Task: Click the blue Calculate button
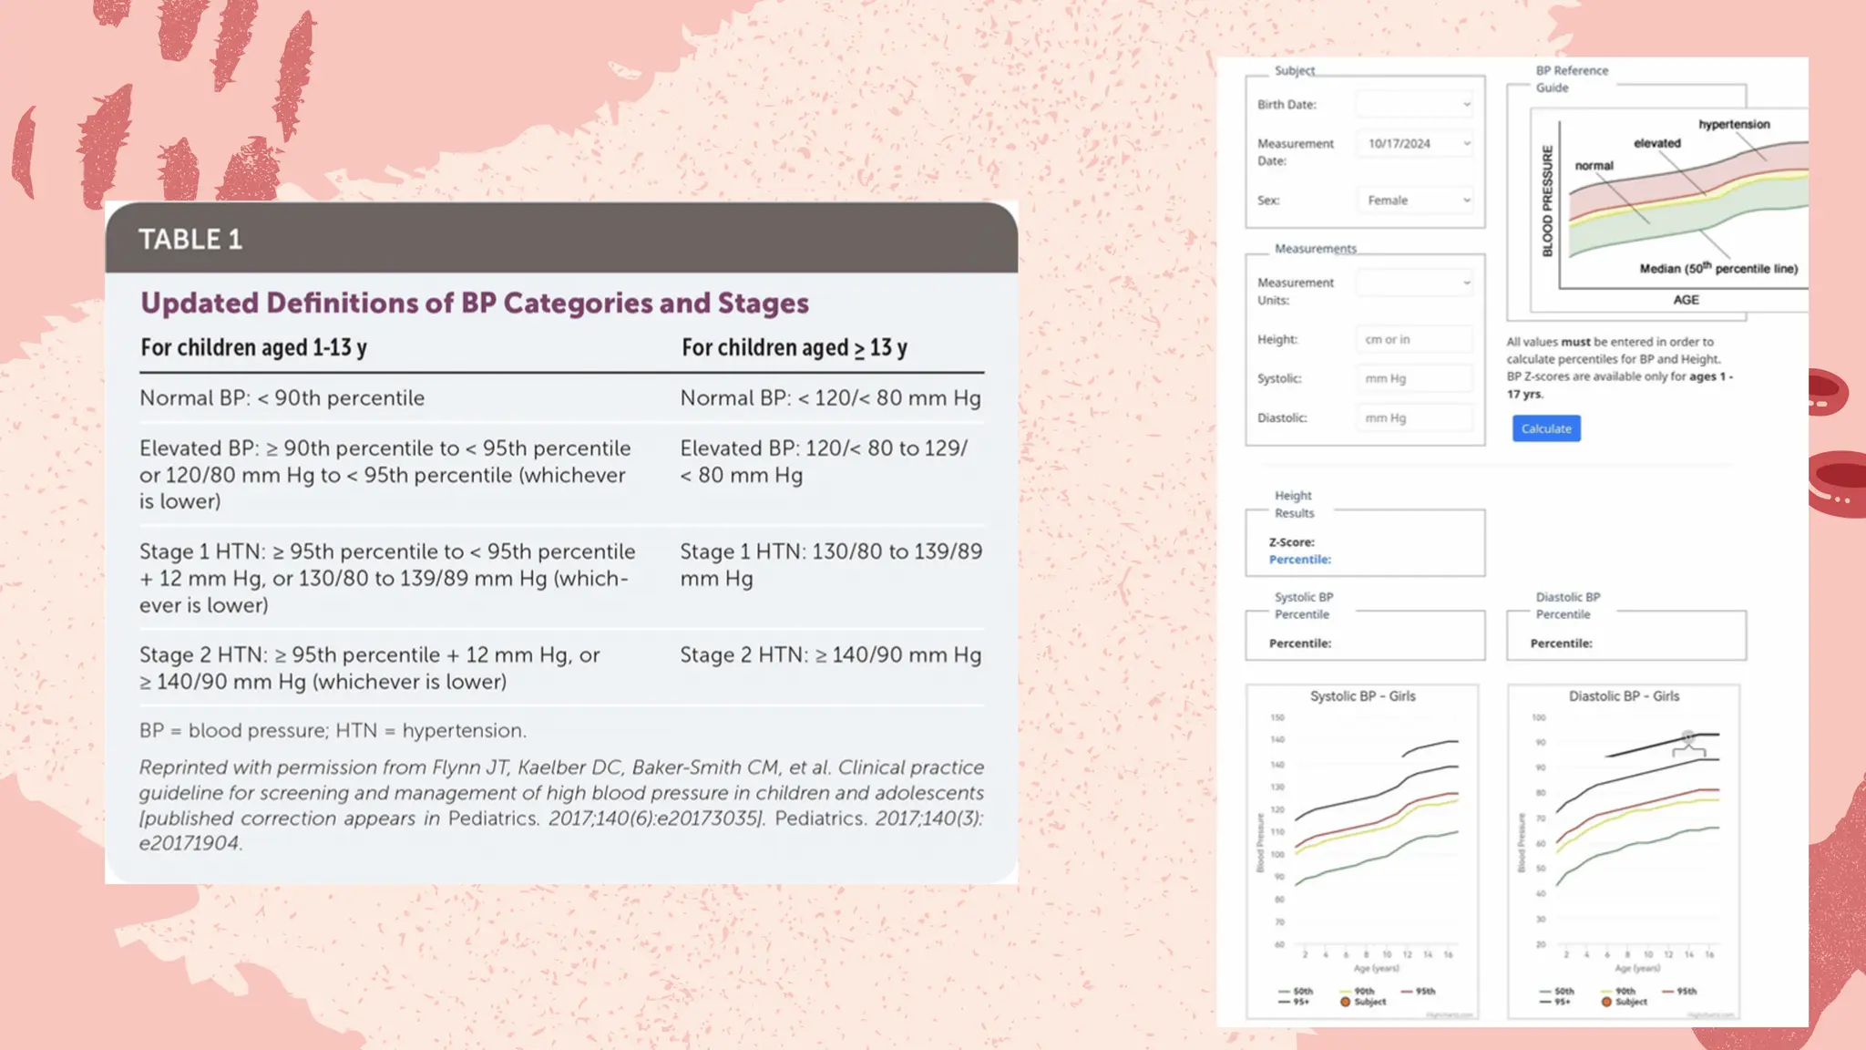[1546, 428]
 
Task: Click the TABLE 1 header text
[190, 240]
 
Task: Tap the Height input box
[1414, 340]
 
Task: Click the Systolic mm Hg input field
[1414, 379]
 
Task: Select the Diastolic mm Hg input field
[1414, 418]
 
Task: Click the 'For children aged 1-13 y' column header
[253, 348]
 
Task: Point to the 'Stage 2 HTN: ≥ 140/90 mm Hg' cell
[830, 655]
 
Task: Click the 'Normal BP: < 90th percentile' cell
[282, 398]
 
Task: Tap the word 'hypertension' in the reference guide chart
[1734, 125]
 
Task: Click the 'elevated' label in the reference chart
[1656, 144]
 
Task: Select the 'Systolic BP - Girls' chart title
[1362, 696]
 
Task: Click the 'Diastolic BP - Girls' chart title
[1624, 696]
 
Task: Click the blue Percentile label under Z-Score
[1299, 560]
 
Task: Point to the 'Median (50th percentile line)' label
[1718, 269]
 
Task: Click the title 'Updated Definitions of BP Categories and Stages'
[474, 304]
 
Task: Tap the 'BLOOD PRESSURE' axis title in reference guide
[1547, 201]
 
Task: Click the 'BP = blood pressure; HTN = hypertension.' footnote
[333, 731]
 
